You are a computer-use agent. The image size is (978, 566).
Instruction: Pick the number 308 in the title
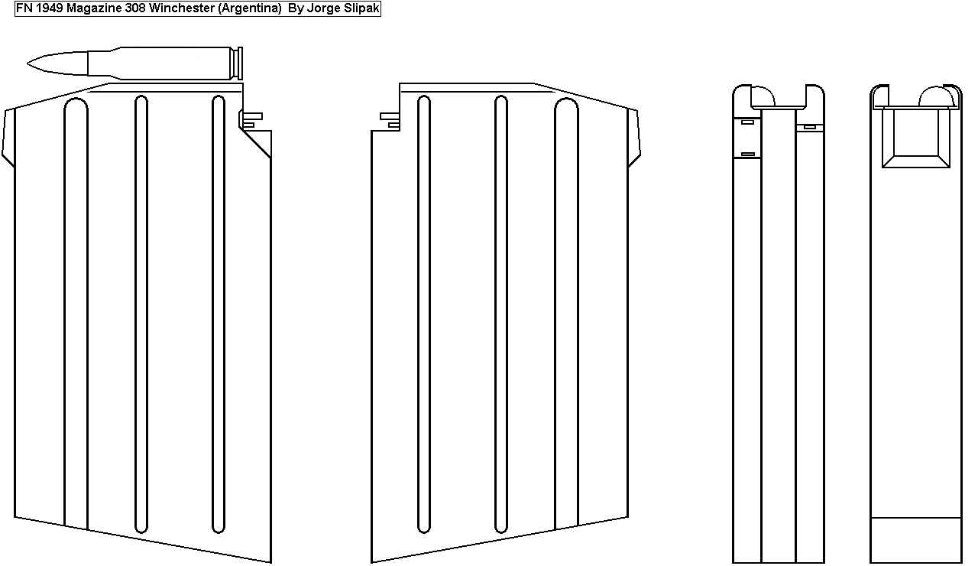pyautogui.click(x=135, y=8)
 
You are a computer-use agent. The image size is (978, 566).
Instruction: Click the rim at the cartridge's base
pyautogui.click(x=241, y=63)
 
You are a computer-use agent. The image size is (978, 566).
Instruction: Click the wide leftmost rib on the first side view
pyautogui.click(x=76, y=306)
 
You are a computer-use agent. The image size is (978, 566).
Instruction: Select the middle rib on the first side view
pyautogui.click(x=141, y=306)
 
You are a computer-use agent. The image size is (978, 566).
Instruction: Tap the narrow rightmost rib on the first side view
pyautogui.click(x=219, y=306)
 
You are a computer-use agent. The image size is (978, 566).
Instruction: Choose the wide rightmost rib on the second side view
pyautogui.click(x=566, y=306)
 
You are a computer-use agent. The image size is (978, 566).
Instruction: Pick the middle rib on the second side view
pyautogui.click(x=501, y=306)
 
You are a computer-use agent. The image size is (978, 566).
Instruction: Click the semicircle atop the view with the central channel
pyautogui.click(x=763, y=98)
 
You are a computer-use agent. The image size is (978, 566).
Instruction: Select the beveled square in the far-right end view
pyautogui.click(x=916, y=138)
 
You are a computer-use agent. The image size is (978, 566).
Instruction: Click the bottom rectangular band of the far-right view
pyautogui.click(x=916, y=540)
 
